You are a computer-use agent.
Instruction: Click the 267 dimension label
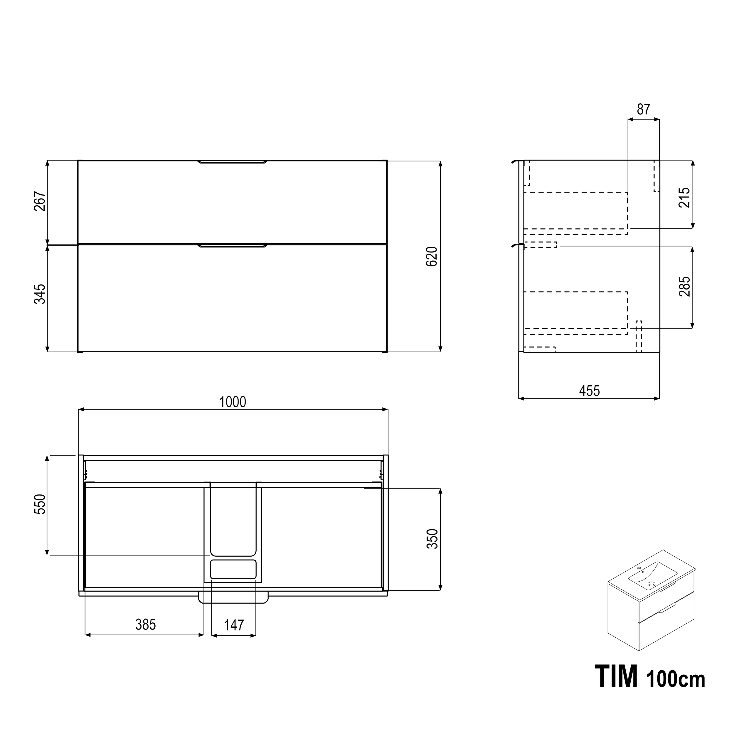tap(40, 202)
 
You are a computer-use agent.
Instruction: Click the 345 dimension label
tap(40, 294)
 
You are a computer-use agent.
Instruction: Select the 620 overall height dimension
tap(432, 256)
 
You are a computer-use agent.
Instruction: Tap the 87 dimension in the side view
tap(644, 110)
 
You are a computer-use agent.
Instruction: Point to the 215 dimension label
tap(684, 198)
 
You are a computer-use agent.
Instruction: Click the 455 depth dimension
tap(589, 390)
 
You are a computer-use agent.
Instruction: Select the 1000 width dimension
tap(233, 402)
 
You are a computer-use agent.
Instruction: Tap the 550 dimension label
tap(40, 504)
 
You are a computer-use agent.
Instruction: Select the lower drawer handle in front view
tap(233, 246)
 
